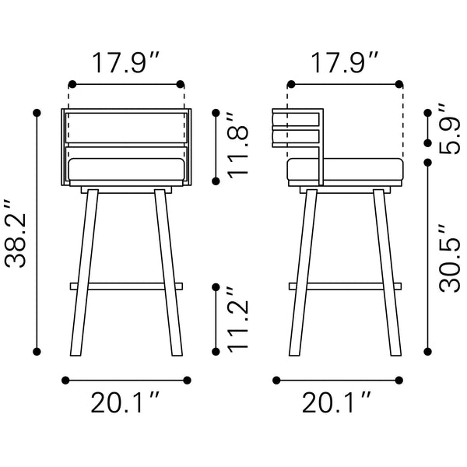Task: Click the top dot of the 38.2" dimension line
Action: tap(37, 114)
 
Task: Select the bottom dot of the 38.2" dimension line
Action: tap(37, 352)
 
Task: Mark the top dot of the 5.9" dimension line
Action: tap(427, 114)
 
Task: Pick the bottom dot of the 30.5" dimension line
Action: tap(427, 352)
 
